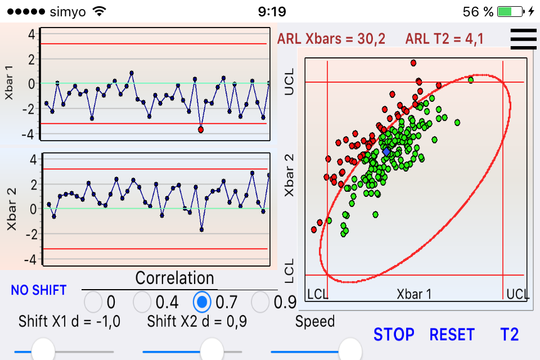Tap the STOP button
pos(394,334)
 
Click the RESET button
pos(452,334)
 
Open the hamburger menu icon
pos(523,39)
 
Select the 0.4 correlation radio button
pos(143,303)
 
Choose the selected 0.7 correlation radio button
pos(202,303)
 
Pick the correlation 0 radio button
pos(93,303)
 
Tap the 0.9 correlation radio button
pos(260,303)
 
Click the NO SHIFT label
pos(38,290)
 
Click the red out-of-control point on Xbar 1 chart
pos(201,129)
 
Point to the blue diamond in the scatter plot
pos(386,152)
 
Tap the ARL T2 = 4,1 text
pos(445,39)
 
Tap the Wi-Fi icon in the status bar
pos(100,11)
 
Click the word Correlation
pos(175,278)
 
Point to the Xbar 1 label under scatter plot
pos(415,294)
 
